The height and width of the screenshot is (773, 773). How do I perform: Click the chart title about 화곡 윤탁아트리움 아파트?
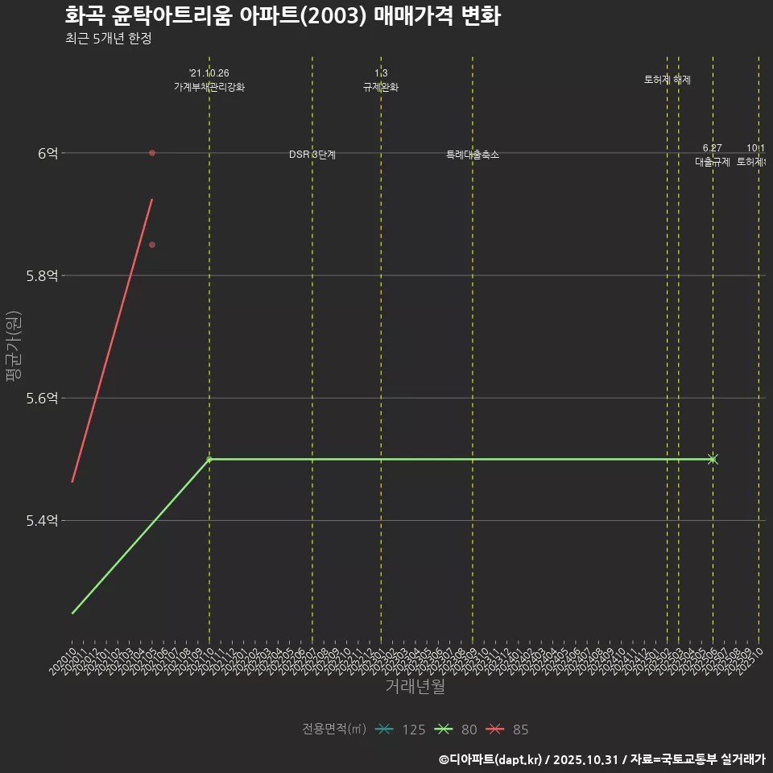point(283,16)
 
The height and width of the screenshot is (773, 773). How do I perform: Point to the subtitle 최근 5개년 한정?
point(108,39)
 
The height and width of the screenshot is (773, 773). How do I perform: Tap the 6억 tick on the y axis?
point(48,153)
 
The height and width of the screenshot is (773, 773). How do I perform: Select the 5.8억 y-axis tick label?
point(42,275)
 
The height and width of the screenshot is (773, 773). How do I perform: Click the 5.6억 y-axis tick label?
point(42,398)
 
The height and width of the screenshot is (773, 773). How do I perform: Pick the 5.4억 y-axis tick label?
point(42,521)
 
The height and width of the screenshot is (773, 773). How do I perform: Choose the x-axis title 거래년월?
point(415,687)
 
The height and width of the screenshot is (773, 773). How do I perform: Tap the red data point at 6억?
point(152,153)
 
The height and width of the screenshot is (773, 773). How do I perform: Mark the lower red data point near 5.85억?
point(152,245)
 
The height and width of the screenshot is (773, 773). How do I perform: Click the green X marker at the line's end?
point(713,459)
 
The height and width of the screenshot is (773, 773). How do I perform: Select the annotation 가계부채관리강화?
point(209,87)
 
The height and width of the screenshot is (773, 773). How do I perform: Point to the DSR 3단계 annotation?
point(312,155)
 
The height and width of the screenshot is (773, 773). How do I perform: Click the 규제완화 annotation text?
point(381,87)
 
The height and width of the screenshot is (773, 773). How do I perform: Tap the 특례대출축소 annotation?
point(473,155)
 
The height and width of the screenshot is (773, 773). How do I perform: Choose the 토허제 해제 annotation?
point(668,80)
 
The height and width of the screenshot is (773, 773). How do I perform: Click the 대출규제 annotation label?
point(713,161)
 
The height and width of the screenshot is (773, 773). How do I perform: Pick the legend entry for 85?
point(509,730)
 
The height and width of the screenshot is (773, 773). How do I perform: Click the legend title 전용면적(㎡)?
point(334,730)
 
